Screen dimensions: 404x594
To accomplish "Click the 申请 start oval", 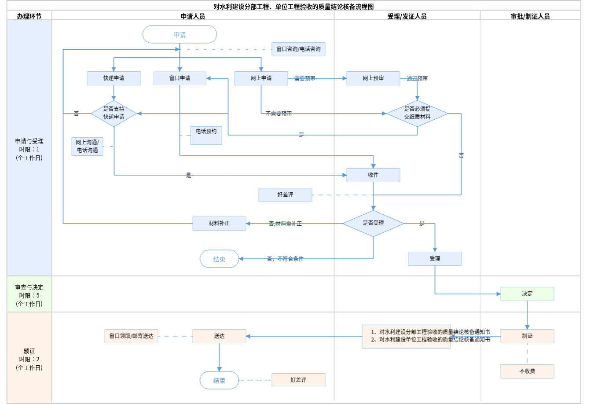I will click(180, 35).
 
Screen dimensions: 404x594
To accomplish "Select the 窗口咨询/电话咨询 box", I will click(298, 49).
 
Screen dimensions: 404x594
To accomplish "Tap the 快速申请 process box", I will click(114, 78).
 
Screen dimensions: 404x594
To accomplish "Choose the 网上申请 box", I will click(261, 78).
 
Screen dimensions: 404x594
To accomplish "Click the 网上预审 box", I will click(373, 78).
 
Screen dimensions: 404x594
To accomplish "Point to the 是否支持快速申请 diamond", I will click(114, 113).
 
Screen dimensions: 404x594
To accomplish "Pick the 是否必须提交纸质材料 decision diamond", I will click(417, 113).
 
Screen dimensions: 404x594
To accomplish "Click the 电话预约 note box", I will click(206, 135).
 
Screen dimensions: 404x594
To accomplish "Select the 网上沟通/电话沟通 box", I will click(87, 147).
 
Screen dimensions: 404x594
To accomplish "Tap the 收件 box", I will click(373, 175).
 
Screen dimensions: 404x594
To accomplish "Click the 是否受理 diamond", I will click(373, 223).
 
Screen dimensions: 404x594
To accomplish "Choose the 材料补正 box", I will click(219, 224).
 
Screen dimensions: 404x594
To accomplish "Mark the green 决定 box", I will click(527, 294).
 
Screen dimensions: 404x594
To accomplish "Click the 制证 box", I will click(527, 336).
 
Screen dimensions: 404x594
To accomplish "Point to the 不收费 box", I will click(527, 371).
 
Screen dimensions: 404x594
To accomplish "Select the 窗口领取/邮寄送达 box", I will click(131, 336).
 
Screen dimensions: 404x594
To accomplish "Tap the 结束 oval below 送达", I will click(219, 381).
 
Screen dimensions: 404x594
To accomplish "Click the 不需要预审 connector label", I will click(279, 114).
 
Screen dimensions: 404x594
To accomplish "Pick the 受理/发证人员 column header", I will click(407, 16).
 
